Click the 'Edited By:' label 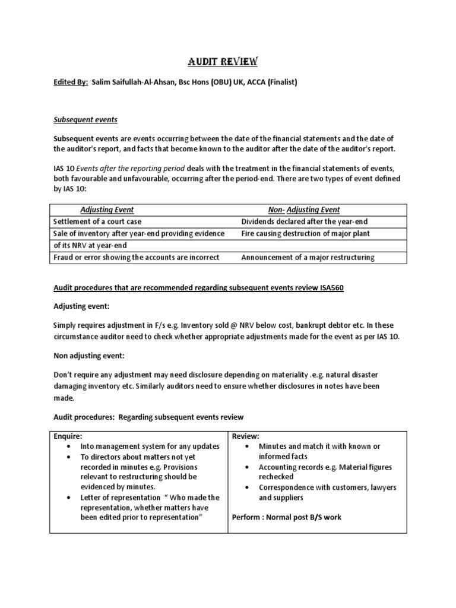click(68, 83)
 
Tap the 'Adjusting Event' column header click(107, 210)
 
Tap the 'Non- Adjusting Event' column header click(304, 210)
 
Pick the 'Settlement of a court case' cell click(96, 221)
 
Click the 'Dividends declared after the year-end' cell click(305, 221)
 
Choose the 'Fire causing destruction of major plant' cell click(305, 233)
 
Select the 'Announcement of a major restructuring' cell click(308, 257)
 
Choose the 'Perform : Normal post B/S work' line click(286, 517)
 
